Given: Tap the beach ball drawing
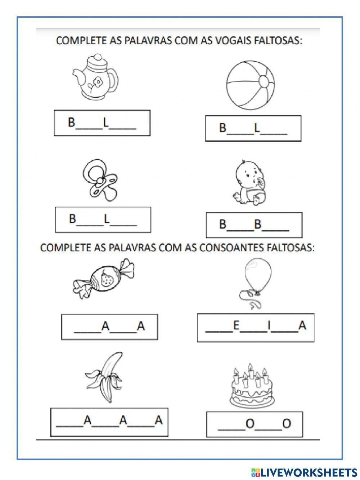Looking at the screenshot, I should pos(250,85).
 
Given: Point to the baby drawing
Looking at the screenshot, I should pos(250,183).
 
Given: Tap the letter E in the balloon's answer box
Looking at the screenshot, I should pos(236,326).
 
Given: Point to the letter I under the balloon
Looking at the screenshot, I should pos(269,326).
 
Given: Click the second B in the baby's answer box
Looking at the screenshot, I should pos(257,225).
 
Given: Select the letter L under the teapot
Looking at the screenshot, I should pos(106,123).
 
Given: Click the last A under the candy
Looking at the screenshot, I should pos(141,326).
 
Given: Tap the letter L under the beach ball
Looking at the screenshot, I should pos(257,128).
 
